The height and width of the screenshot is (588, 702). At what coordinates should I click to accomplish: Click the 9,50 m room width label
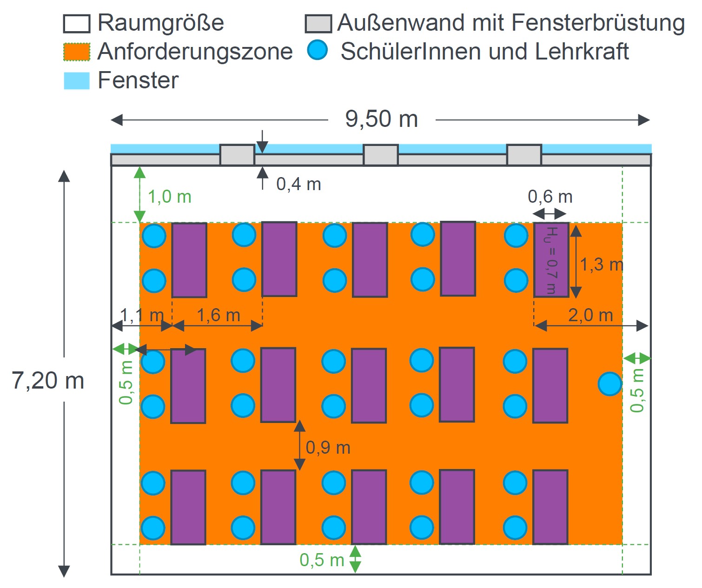pos(381,119)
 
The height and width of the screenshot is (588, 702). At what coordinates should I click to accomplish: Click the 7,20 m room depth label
pos(48,381)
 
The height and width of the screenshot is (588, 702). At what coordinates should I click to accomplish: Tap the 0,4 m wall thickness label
pos(298,184)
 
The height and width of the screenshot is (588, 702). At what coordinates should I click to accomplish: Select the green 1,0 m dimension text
pos(170,197)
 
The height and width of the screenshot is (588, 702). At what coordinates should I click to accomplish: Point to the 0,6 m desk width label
pos(550,197)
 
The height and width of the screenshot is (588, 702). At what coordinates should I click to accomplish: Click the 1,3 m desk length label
pos(601,264)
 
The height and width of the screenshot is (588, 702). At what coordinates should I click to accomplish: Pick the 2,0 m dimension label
pos(590,315)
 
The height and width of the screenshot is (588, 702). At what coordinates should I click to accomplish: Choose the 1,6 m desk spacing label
pos(218,315)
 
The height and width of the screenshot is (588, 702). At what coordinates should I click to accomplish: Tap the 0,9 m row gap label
pos(328,448)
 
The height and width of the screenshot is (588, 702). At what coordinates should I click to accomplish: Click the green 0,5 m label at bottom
pos(322,560)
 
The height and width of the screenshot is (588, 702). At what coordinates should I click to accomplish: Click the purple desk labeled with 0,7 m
pos(551,260)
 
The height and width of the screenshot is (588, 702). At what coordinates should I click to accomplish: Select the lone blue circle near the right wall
pos(609,383)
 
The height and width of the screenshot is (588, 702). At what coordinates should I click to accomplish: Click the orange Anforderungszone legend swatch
pos(77,52)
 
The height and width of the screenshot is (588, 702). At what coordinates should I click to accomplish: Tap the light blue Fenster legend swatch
pos(77,80)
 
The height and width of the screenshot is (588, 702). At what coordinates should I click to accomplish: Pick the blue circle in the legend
pos(318,50)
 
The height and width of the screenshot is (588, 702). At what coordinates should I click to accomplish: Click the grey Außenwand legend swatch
pos(318,24)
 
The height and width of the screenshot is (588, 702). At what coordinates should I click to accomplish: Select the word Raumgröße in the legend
pos(160,23)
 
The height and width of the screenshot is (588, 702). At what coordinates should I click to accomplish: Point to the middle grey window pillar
pos(380,155)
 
